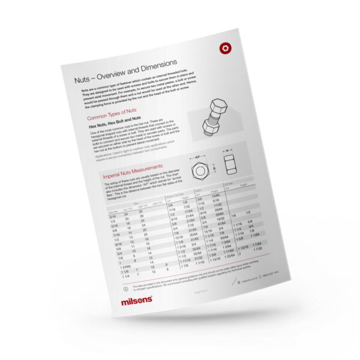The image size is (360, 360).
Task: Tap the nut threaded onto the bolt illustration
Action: tap(211, 127)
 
